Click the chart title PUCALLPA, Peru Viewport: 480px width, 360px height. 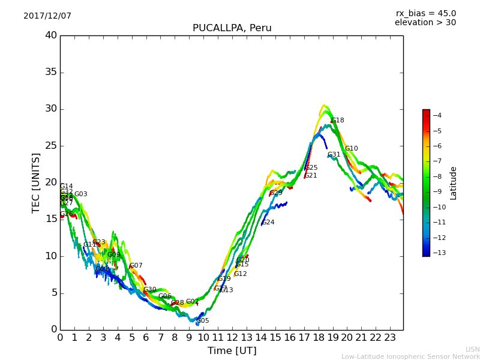coord(232,28)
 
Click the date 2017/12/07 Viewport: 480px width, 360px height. coord(47,16)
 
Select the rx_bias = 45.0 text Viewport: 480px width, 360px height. coord(425,13)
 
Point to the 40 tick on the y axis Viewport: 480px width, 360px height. coord(51,35)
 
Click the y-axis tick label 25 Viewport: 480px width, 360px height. coord(51,146)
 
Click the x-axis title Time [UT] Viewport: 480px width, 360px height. coord(232,350)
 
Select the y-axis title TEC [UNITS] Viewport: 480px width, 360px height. coord(37,182)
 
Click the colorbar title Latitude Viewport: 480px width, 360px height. coord(454,183)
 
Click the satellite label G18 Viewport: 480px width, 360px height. coord(338,121)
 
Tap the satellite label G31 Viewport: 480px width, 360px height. coord(334,155)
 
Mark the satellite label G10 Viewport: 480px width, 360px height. coord(351,149)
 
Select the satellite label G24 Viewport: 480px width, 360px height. coord(268,223)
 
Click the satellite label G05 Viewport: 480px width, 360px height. coord(203,321)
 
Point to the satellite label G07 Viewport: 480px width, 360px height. coord(136,266)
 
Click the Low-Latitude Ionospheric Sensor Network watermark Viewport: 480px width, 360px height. coord(410,356)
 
